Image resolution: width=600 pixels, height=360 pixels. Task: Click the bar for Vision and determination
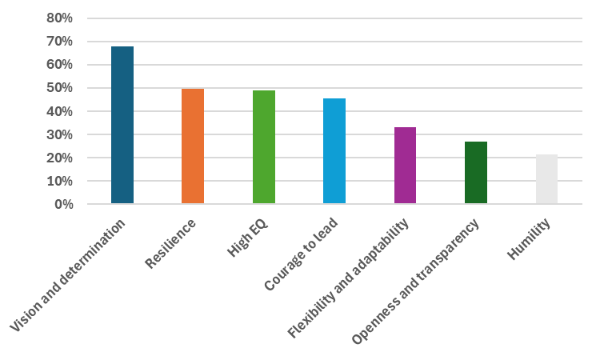(122, 126)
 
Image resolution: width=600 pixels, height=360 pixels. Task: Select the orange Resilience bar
(193, 146)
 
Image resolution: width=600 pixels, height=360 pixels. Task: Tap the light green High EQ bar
(263, 147)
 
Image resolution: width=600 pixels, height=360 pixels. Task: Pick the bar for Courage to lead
(334, 151)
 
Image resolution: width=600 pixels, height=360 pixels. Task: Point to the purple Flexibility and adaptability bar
(405, 166)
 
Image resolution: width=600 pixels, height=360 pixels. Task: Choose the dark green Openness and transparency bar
(475, 173)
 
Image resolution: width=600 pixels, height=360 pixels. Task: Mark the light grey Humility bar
(546, 179)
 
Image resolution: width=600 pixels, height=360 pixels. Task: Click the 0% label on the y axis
(63, 205)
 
